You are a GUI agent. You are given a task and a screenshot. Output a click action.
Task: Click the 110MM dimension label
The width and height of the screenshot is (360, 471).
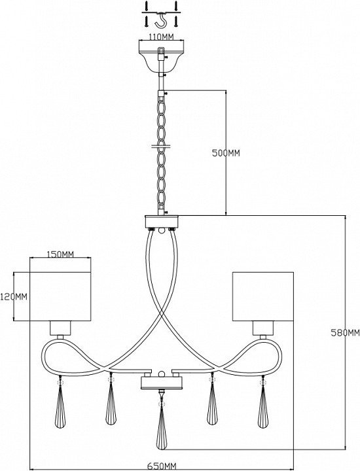[162, 37]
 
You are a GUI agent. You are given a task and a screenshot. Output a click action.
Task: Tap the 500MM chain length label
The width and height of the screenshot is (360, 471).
[226, 153]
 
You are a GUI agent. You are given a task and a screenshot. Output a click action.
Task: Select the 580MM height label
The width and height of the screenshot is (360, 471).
[345, 332]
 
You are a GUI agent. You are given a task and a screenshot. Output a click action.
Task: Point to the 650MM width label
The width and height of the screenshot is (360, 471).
[162, 466]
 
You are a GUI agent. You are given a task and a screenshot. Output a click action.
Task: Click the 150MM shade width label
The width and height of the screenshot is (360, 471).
[60, 254]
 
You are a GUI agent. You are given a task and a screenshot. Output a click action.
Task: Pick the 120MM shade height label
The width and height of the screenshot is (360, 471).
[14, 297]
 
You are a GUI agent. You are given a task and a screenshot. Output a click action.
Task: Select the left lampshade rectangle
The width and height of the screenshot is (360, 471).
[60, 296]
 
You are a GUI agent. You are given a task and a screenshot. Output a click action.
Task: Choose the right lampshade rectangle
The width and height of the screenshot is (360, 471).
[263, 296]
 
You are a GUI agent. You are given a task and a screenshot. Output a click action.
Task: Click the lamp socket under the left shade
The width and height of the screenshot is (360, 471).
[60, 328]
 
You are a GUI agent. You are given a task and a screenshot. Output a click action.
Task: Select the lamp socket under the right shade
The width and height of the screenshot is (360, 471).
[263, 328]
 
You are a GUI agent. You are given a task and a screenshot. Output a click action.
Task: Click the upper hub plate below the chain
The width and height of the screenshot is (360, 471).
[162, 221]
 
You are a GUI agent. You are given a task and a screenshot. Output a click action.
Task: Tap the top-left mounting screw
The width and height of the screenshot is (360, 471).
[146, 6]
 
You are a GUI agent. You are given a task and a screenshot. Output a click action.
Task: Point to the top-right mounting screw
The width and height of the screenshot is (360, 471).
[177, 6]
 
